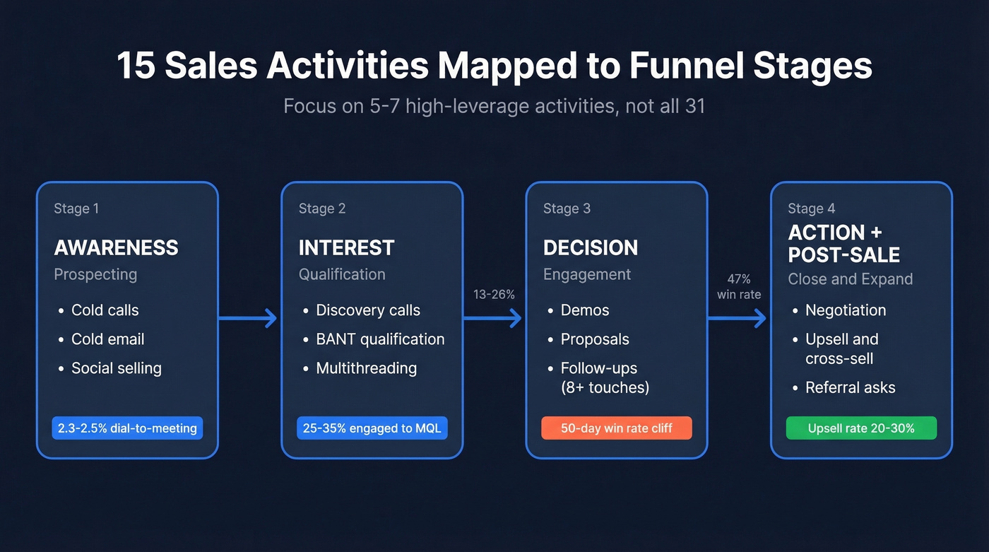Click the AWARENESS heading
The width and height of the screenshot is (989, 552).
coord(116,247)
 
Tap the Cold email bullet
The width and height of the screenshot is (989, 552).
coord(107,339)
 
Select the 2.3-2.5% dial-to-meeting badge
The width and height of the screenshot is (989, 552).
coord(127,428)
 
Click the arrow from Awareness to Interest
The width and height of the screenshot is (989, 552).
coord(247,319)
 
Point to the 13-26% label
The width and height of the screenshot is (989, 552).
coord(494,295)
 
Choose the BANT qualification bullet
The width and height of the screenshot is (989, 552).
coord(380,339)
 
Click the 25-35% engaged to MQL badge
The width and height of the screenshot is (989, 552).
coord(372,428)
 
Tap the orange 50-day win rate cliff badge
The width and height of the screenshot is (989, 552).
coord(616,428)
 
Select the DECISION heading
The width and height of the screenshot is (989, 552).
coord(590,247)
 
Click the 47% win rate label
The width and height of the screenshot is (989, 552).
coord(739,287)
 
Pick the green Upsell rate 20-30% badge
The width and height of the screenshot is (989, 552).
coord(861,428)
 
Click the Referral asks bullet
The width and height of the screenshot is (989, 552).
coord(850,387)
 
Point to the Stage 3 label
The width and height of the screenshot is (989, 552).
coord(567,209)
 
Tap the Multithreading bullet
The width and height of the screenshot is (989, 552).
coord(366,368)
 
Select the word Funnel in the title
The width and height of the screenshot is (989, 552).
coord(679,66)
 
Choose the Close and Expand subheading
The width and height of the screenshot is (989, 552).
coord(850,279)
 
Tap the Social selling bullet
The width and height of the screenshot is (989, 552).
coord(116,368)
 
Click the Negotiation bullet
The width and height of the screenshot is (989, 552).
coord(845,310)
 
